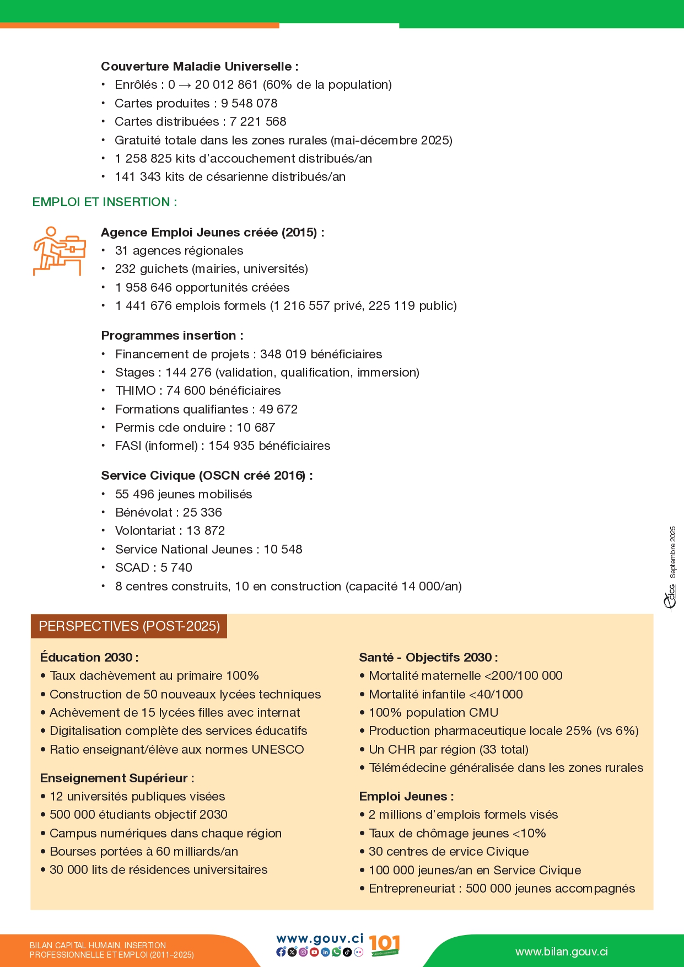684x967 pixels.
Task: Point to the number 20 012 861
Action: click(x=226, y=85)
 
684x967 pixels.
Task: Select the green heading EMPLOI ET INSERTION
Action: click(x=105, y=202)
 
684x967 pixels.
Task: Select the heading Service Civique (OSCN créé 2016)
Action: click(x=207, y=476)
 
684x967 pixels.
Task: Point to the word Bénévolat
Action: click(x=144, y=513)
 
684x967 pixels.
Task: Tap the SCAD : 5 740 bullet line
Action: click(x=154, y=568)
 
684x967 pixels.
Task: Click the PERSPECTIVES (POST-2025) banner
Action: click(x=129, y=626)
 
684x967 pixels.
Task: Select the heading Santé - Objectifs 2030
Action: click(x=428, y=657)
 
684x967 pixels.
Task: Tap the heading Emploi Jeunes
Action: click(x=406, y=797)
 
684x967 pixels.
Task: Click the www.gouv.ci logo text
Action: click(x=320, y=939)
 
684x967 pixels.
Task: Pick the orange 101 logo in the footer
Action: click(x=384, y=944)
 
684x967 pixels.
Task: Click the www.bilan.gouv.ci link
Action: click(x=562, y=952)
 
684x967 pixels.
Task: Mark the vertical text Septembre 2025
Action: click(x=672, y=552)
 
